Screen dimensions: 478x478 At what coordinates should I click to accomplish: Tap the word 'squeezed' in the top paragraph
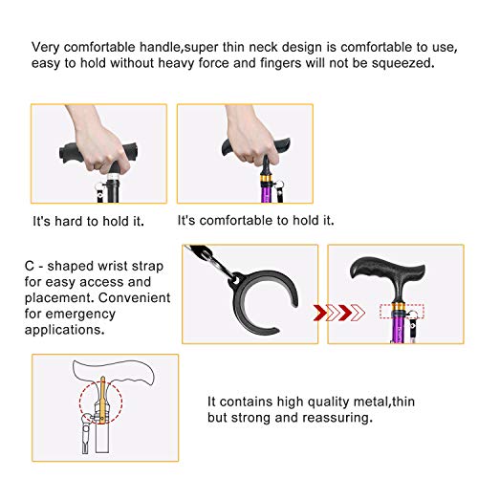pyautogui.click(x=406, y=64)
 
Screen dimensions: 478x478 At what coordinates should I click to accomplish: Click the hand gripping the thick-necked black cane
pyautogui.click(x=92, y=149)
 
